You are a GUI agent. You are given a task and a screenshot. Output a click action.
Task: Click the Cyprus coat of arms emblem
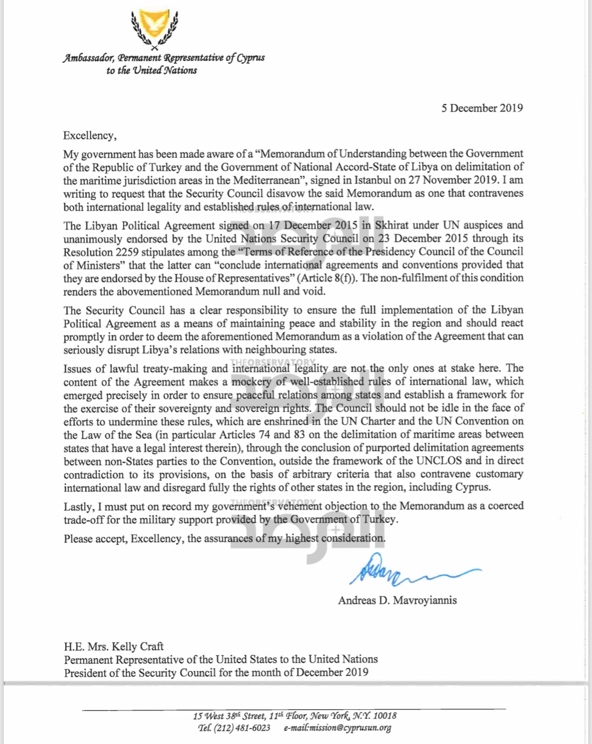tap(154, 29)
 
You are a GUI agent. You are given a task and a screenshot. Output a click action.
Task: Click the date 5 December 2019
tap(482, 108)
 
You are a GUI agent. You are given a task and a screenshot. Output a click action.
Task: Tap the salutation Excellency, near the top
tap(89, 136)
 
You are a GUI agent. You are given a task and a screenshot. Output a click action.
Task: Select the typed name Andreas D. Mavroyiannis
tap(397, 600)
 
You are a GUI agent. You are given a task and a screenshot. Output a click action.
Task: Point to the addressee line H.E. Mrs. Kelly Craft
tap(114, 646)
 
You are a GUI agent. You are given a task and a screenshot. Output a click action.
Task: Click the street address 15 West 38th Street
tap(229, 716)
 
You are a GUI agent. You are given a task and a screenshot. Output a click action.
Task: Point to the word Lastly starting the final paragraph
tap(78, 506)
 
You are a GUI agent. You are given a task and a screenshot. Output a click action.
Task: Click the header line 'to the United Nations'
tap(152, 70)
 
